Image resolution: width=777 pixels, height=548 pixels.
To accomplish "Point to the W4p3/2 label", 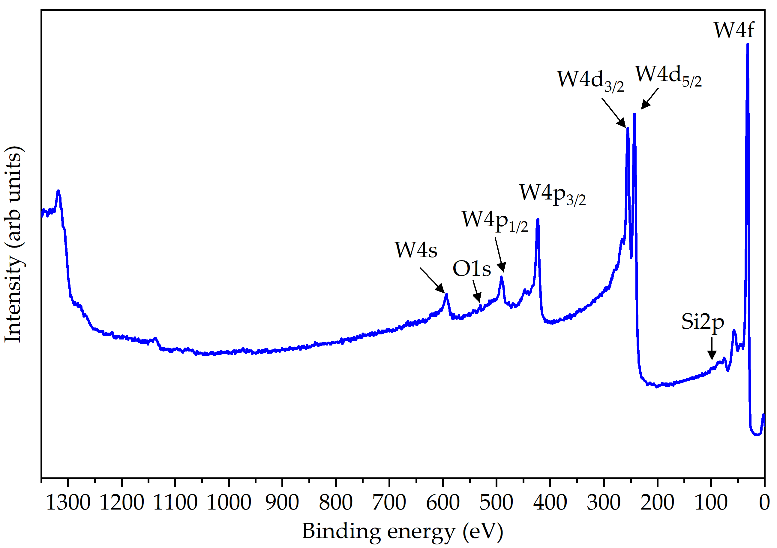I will [552, 194].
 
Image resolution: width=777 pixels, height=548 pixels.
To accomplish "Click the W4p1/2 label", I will [495, 221].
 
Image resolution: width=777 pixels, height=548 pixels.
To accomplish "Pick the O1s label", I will [472, 269].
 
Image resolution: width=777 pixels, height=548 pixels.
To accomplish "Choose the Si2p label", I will [703, 322].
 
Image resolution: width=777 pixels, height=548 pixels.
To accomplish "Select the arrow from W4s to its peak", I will [432, 280].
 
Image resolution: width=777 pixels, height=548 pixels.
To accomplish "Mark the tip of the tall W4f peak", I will [748, 44].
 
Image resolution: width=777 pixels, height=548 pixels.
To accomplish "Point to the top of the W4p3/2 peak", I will [538, 220].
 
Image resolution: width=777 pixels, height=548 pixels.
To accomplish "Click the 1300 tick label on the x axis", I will [68, 503].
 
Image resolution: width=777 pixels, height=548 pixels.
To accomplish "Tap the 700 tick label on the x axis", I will [389, 503].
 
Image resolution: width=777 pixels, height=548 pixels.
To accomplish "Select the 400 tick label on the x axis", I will [550, 503].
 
